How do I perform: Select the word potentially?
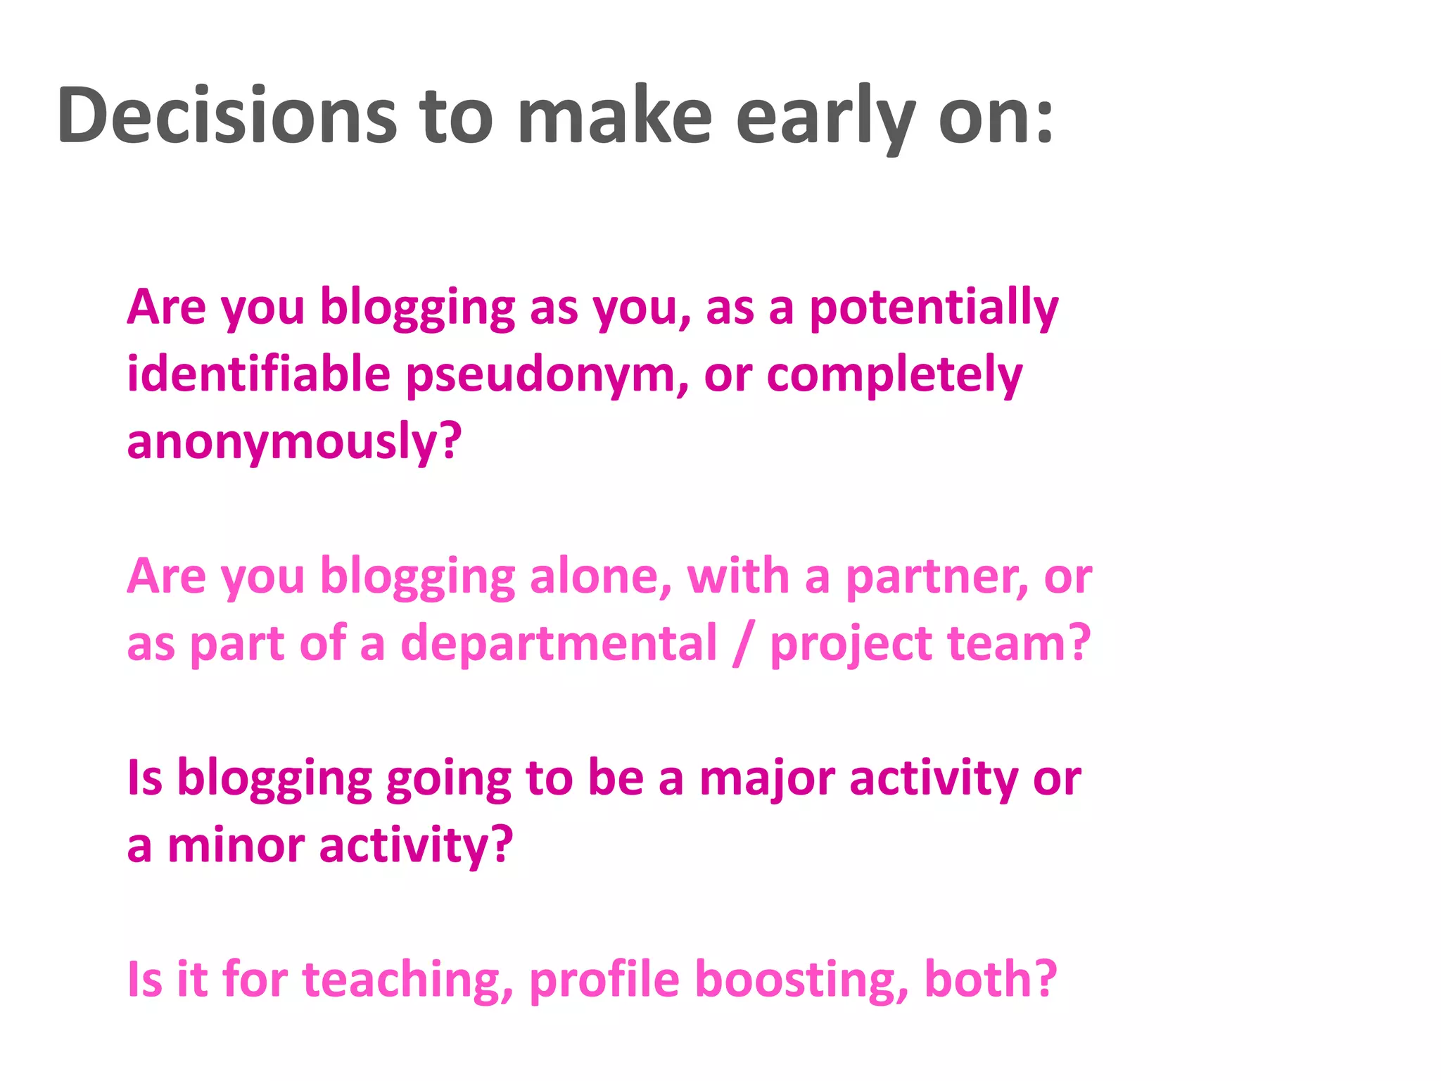934,308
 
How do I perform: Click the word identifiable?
258,374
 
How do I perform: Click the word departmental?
559,643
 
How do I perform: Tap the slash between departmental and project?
742,643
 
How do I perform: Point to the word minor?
236,845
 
